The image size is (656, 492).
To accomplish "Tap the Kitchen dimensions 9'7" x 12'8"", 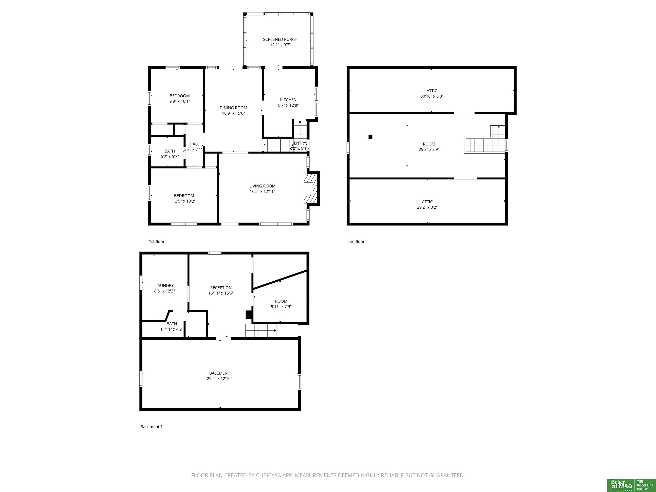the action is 288,105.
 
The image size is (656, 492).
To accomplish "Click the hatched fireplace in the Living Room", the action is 310,189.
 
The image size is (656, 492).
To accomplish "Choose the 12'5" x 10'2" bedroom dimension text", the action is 184,201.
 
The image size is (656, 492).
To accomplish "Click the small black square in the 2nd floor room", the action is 370,137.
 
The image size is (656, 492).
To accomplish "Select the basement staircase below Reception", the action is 261,330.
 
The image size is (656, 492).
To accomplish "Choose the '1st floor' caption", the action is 157,241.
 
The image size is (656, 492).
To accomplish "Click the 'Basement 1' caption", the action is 152,427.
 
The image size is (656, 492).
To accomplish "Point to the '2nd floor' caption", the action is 356,241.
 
